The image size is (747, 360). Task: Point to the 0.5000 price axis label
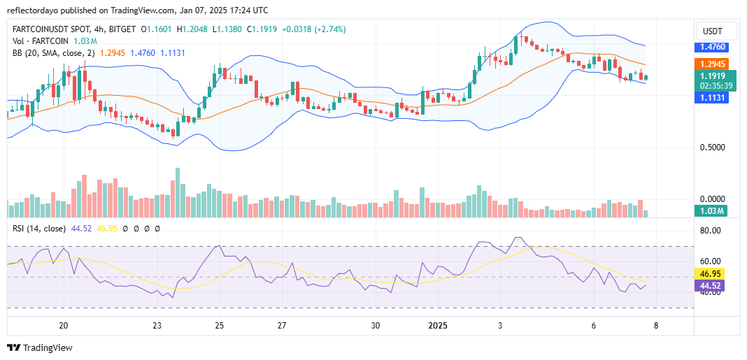click(x=712, y=147)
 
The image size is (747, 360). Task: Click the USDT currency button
click(x=713, y=31)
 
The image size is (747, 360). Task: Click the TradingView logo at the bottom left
click(x=40, y=347)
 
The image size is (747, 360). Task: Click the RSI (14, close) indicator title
click(x=39, y=229)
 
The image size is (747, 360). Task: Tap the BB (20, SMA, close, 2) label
click(x=55, y=53)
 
